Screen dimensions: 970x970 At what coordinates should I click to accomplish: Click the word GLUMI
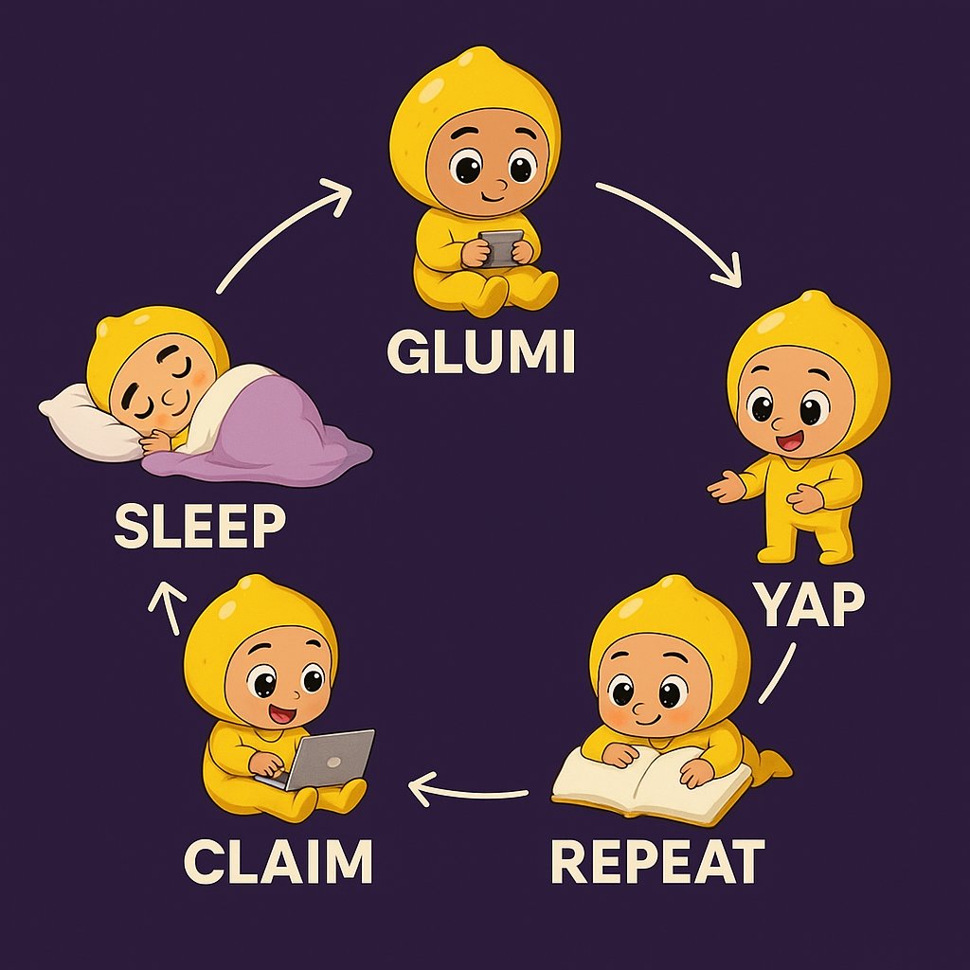coord(480,352)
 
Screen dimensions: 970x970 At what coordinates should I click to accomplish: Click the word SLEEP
coord(200,527)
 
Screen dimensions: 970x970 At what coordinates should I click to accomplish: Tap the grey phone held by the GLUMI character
coord(499,247)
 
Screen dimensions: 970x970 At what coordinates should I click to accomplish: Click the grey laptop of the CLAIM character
coord(327,759)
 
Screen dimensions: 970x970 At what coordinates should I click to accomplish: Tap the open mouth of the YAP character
coord(787,440)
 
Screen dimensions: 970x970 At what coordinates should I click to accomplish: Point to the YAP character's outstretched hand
coord(727,488)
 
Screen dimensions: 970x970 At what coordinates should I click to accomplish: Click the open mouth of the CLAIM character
coord(281,712)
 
